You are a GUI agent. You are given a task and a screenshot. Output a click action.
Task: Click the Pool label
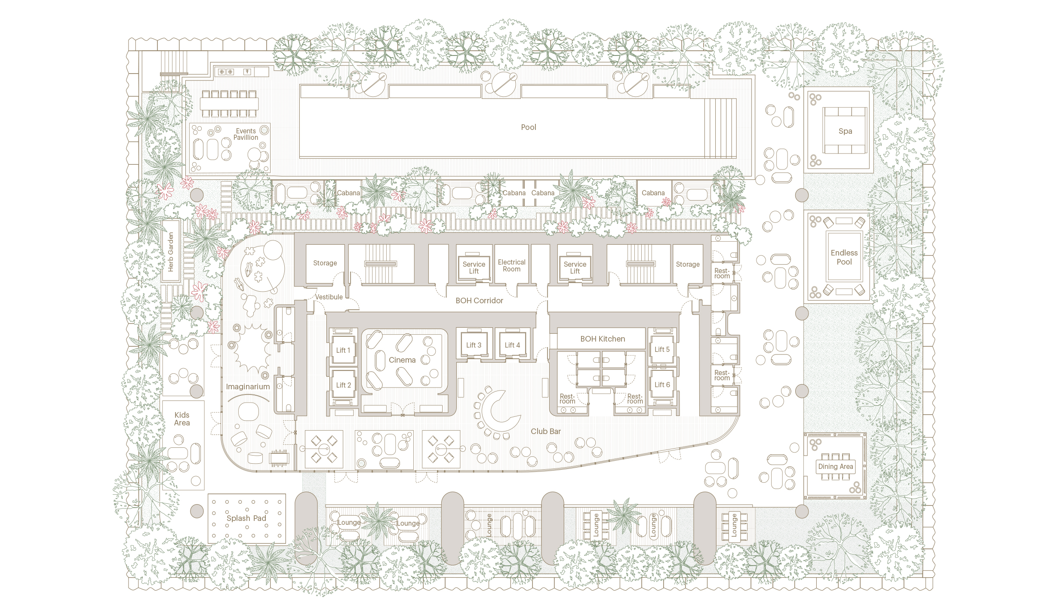[x=529, y=127]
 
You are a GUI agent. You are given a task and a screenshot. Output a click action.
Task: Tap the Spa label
[x=845, y=131]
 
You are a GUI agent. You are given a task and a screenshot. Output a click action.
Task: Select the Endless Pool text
[x=844, y=257]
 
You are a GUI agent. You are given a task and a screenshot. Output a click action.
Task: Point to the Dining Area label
[x=835, y=466]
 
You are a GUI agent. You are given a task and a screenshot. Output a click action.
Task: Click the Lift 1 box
[x=343, y=350]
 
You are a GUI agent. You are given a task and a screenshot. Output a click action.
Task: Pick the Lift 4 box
[x=512, y=345]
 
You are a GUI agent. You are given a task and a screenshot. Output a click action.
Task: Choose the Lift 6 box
[x=662, y=385]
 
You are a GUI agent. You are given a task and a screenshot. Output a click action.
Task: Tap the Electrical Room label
[x=511, y=265]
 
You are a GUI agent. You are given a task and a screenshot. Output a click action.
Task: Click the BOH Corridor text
[x=479, y=301]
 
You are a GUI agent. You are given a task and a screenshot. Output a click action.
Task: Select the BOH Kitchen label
[x=603, y=339]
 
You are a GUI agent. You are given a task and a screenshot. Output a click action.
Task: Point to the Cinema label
[x=402, y=360]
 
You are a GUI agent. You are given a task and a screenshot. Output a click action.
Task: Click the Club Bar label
[x=546, y=431]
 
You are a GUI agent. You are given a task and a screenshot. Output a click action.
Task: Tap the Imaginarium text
[x=248, y=387]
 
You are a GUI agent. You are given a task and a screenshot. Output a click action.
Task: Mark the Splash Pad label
[x=246, y=518]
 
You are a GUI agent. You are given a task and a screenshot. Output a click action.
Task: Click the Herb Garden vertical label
[x=171, y=252]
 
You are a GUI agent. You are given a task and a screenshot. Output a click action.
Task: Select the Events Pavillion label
[x=246, y=134]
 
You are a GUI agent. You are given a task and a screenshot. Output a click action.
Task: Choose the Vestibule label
[x=329, y=297]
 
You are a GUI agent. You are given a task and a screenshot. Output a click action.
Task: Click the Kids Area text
[x=182, y=419]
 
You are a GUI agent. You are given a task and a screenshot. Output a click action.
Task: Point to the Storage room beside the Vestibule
[x=325, y=263]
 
